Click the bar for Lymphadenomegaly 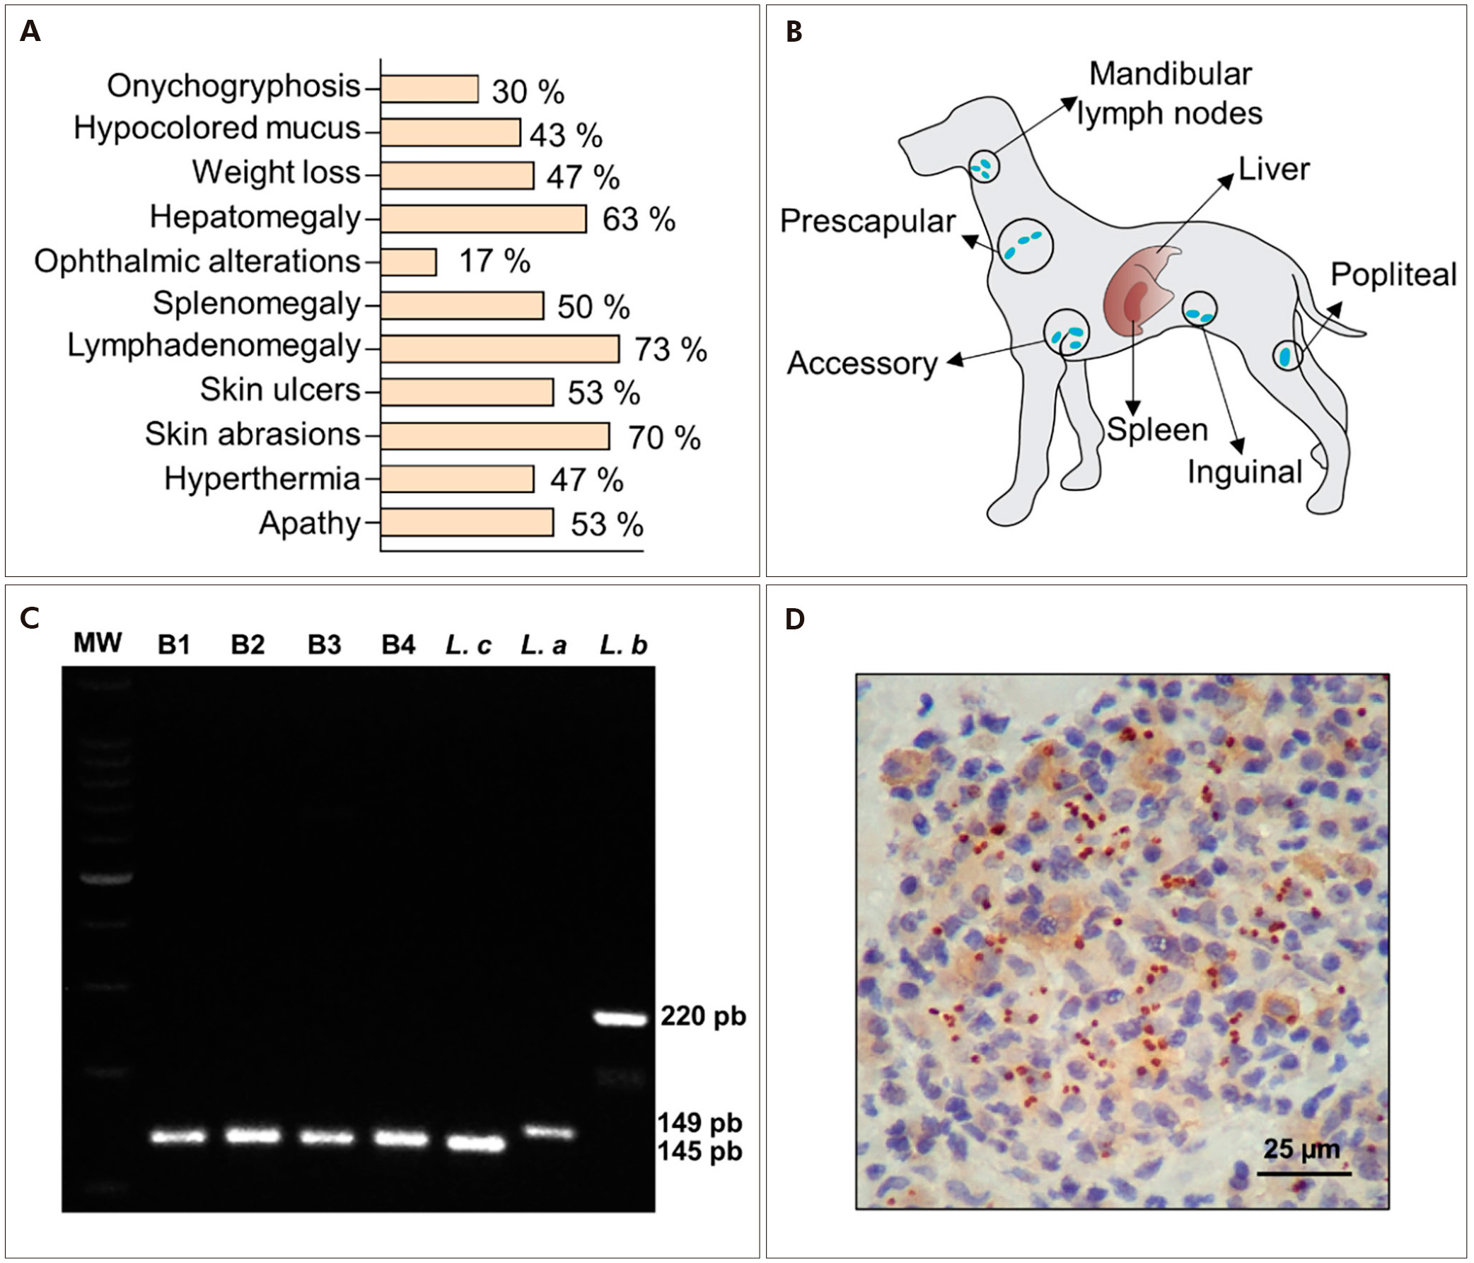click(499, 349)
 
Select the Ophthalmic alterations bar click(408, 262)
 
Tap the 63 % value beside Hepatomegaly click(638, 219)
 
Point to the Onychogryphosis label click(233, 86)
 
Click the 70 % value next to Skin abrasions click(663, 437)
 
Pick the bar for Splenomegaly click(462, 305)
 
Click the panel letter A click(30, 31)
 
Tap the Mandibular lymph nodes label click(1171, 94)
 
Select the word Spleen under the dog click(1157, 430)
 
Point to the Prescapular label click(867, 221)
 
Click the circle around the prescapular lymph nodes click(1025, 245)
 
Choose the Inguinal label click(1244, 472)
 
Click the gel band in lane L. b click(621, 1018)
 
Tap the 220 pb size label click(703, 1017)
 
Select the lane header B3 click(325, 644)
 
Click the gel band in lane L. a click(548, 1131)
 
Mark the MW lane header click(98, 643)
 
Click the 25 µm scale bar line click(1304, 1173)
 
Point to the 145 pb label click(700, 1151)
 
